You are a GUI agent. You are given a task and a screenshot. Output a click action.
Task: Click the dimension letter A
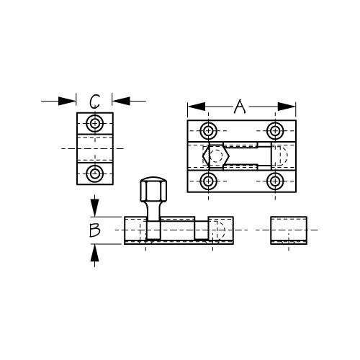click(240, 107)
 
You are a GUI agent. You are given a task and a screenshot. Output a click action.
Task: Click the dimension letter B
click(94, 230)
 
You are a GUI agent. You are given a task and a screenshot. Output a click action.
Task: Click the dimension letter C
click(94, 102)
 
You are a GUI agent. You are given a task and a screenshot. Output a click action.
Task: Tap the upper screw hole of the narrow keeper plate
click(95, 124)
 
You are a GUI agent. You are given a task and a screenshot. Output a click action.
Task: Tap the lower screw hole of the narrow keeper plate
click(95, 174)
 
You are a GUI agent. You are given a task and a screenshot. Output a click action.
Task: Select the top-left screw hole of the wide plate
click(208, 131)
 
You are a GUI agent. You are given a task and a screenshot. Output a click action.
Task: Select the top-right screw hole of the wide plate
click(275, 131)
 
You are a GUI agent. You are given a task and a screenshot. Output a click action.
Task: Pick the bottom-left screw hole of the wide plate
click(208, 181)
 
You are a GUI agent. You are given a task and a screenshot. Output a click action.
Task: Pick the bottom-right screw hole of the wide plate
click(275, 181)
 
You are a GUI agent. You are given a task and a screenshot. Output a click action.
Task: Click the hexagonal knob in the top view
click(216, 156)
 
